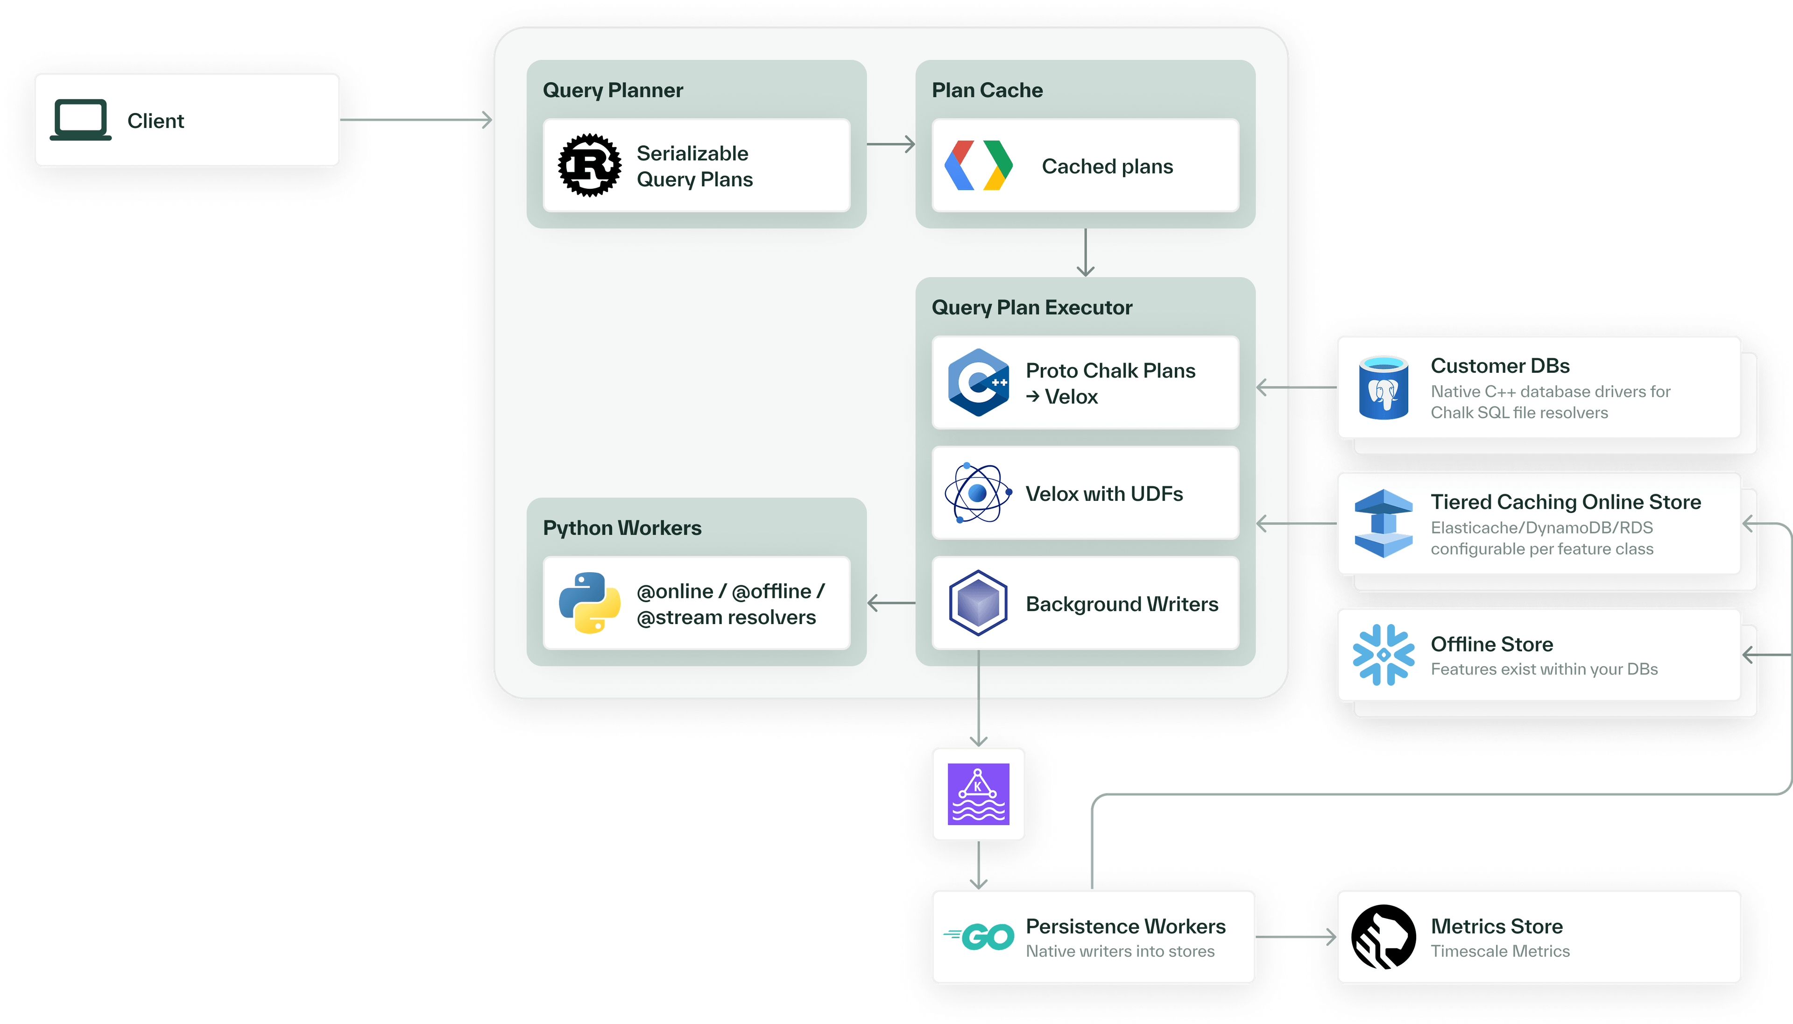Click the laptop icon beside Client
coord(81,120)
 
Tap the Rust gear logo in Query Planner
coord(590,165)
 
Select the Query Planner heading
coord(613,90)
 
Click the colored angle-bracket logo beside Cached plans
coord(978,165)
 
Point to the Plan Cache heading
coord(987,90)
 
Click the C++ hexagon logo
coord(978,383)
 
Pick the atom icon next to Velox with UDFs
coord(978,493)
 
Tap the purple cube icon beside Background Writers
coord(978,603)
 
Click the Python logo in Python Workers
coord(590,603)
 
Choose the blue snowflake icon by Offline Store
coord(1383,655)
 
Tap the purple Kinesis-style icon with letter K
coord(978,794)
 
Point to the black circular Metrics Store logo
coord(1383,936)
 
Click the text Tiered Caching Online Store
coord(1565,502)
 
